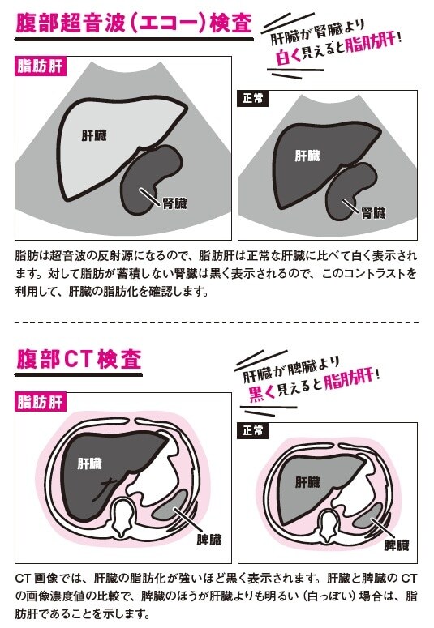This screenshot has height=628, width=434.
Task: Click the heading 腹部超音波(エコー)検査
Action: [x=134, y=23]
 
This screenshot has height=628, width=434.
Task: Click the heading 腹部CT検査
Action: [x=79, y=358]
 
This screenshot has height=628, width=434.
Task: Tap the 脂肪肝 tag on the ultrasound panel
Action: [x=39, y=66]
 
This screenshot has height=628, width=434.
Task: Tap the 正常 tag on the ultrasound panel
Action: [x=253, y=98]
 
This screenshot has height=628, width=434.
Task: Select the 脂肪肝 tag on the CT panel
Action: [x=39, y=402]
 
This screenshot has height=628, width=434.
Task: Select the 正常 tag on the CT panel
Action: [x=253, y=430]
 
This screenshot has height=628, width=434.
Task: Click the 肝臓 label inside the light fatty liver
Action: [x=94, y=135]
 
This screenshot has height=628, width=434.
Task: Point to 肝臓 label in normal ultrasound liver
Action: [x=307, y=156]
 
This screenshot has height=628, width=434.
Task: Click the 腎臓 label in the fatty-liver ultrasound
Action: [x=175, y=203]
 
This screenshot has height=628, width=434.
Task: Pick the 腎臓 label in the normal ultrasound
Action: [x=373, y=212]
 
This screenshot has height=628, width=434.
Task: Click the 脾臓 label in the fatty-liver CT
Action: [x=209, y=540]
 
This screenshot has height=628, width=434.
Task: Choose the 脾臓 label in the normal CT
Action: [x=397, y=545]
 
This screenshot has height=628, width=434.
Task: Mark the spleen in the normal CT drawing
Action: [x=367, y=516]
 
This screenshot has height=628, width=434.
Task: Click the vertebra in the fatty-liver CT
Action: [x=124, y=517]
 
